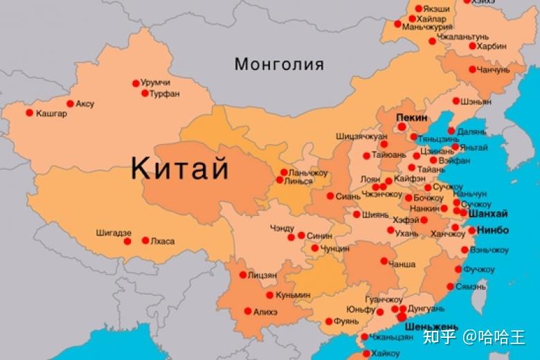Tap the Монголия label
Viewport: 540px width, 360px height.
[x=279, y=65]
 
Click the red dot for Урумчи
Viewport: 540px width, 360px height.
[x=136, y=83]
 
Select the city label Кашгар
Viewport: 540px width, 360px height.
[x=52, y=114]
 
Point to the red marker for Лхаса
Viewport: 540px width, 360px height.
[x=145, y=241]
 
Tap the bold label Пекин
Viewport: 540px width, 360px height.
[x=412, y=118]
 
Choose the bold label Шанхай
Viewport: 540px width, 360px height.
[x=488, y=214]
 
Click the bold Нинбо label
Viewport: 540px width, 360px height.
[x=493, y=230]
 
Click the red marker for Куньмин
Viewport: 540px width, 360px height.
[x=269, y=295]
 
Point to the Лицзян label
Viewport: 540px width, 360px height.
[x=262, y=275]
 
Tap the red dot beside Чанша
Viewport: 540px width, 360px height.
[x=384, y=262]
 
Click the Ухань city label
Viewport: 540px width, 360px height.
[x=406, y=233]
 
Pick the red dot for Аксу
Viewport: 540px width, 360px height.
[x=69, y=104]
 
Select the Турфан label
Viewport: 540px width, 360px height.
[x=165, y=93]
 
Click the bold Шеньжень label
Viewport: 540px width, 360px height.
[x=431, y=325]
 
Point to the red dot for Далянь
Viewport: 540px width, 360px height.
[x=451, y=131]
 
